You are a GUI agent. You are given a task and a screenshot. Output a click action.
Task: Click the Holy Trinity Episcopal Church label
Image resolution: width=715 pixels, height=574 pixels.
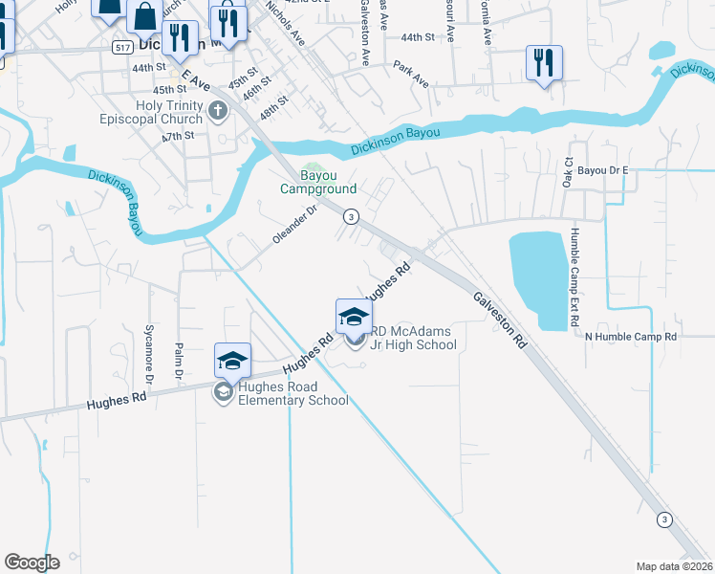[x=152, y=113]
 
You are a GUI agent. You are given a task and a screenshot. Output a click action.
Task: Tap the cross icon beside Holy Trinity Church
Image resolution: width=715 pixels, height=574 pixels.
[x=217, y=111]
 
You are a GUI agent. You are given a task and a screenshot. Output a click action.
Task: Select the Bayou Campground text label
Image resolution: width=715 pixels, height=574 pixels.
[x=318, y=182]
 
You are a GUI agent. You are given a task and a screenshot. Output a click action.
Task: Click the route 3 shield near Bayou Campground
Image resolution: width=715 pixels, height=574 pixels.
[x=352, y=217]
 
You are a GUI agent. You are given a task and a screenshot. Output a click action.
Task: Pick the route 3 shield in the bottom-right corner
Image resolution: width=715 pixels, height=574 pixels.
[x=663, y=519]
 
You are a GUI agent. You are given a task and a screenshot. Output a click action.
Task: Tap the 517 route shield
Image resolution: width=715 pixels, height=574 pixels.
[x=122, y=46]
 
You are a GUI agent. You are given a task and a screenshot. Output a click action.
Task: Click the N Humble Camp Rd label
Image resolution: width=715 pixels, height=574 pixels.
[x=630, y=337]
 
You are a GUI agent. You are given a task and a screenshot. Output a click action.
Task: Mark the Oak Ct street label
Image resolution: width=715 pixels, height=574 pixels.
[x=567, y=174]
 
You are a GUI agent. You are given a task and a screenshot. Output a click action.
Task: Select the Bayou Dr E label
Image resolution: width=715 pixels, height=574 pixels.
[x=604, y=169]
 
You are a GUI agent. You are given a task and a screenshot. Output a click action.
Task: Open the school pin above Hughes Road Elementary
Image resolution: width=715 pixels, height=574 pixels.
[x=232, y=360]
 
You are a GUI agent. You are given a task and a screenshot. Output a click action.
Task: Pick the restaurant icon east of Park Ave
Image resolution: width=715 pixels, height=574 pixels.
[x=544, y=63]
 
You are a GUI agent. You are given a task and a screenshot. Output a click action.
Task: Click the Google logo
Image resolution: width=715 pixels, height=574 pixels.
[x=32, y=563]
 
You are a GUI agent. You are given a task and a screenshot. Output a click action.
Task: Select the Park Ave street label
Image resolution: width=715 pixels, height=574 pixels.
[x=411, y=75]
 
